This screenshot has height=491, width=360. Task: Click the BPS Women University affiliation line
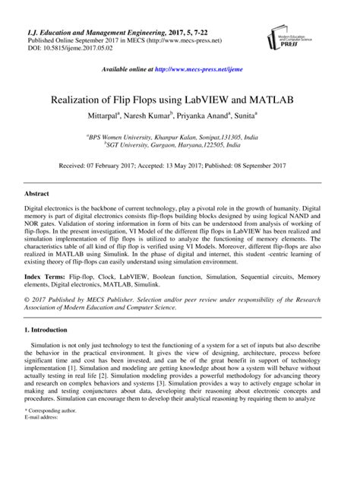tap(180, 136)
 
